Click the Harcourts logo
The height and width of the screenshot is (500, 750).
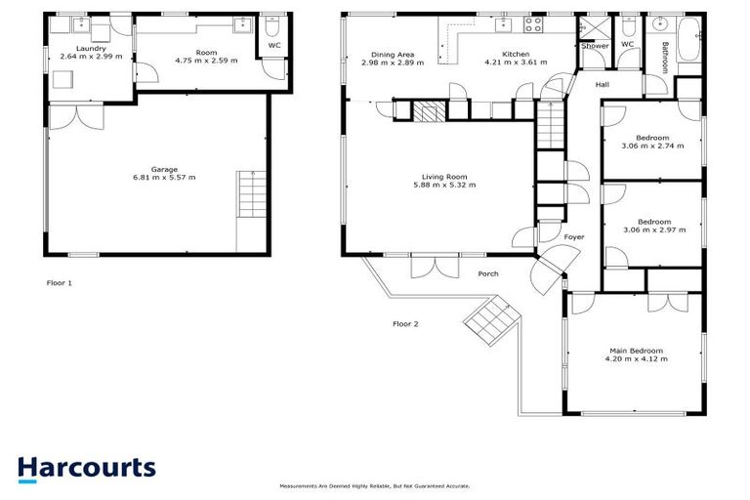(x=86, y=467)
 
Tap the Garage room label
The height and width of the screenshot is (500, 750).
(x=164, y=169)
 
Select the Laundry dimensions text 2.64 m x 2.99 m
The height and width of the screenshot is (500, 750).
(x=91, y=57)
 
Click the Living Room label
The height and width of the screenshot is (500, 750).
(x=444, y=176)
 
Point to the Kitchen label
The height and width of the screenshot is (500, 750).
(x=515, y=54)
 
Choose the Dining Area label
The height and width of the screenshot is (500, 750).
(x=391, y=54)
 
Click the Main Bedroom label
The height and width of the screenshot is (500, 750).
(x=636, y=351)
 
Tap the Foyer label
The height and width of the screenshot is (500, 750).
(x=574, y=237)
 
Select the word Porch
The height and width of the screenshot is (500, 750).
(x=488, y=273)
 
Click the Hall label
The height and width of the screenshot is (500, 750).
(x=603, y=85)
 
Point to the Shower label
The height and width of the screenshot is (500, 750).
(x=595, y=46)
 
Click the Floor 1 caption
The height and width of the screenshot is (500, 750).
(x=60, y=283)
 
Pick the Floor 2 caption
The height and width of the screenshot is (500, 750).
(x=405, y=323)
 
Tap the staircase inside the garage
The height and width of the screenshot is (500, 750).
(x=251, y=194)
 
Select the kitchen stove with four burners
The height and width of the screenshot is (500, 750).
(x=534, y=25)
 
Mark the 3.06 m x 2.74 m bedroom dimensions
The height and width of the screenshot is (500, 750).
(x=652, y=146)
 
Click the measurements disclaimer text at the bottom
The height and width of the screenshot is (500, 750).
(x=375, y=485)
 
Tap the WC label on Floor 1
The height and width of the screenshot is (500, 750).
(x=274, y=44)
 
